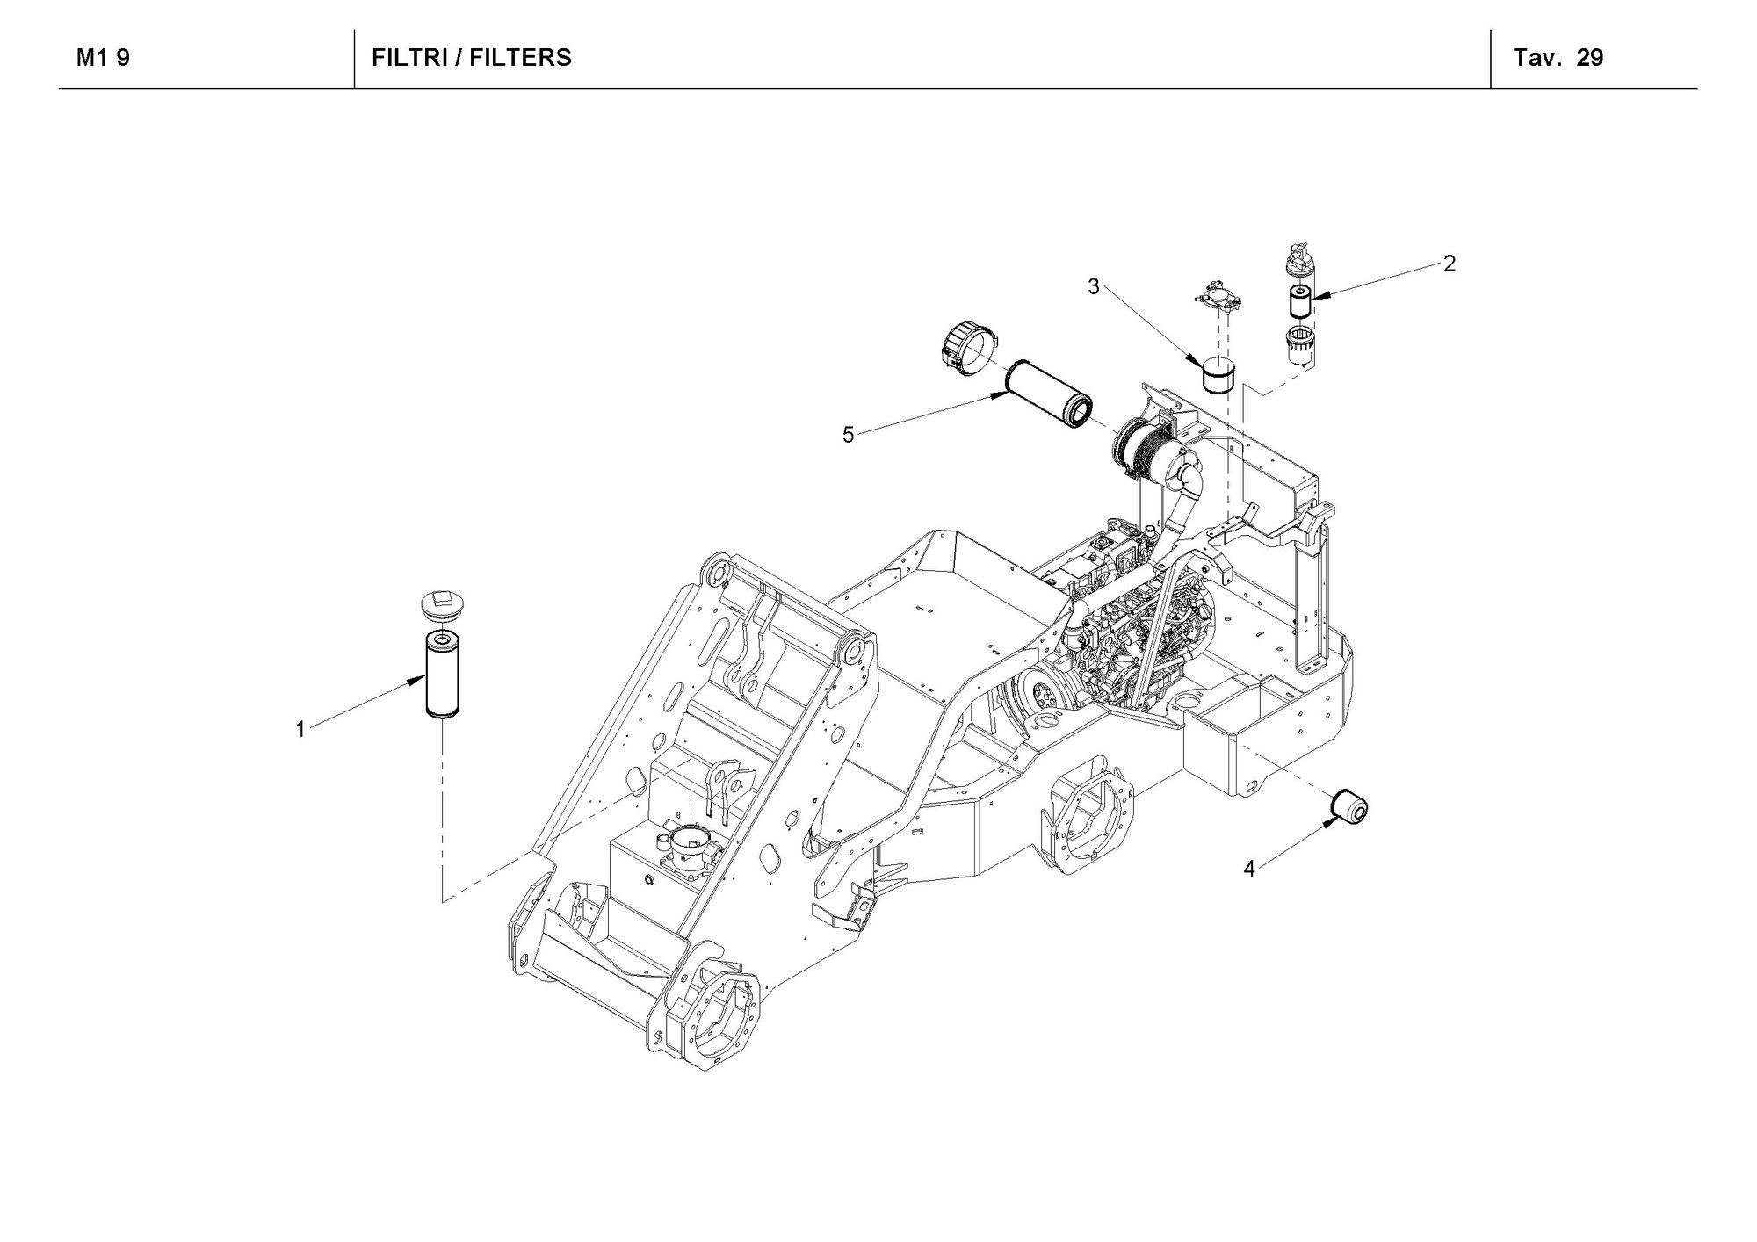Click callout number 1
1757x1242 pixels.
300,729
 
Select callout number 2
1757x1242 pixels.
1450,263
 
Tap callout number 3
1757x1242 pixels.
1094,286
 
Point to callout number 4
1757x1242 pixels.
1249,869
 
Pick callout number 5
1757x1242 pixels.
848,434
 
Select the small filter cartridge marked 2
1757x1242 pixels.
1299,301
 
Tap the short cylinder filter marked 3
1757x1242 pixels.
1218,377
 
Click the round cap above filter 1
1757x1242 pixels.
439,604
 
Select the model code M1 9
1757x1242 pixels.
103,58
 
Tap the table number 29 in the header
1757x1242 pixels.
1589,58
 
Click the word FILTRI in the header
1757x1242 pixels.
409,58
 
